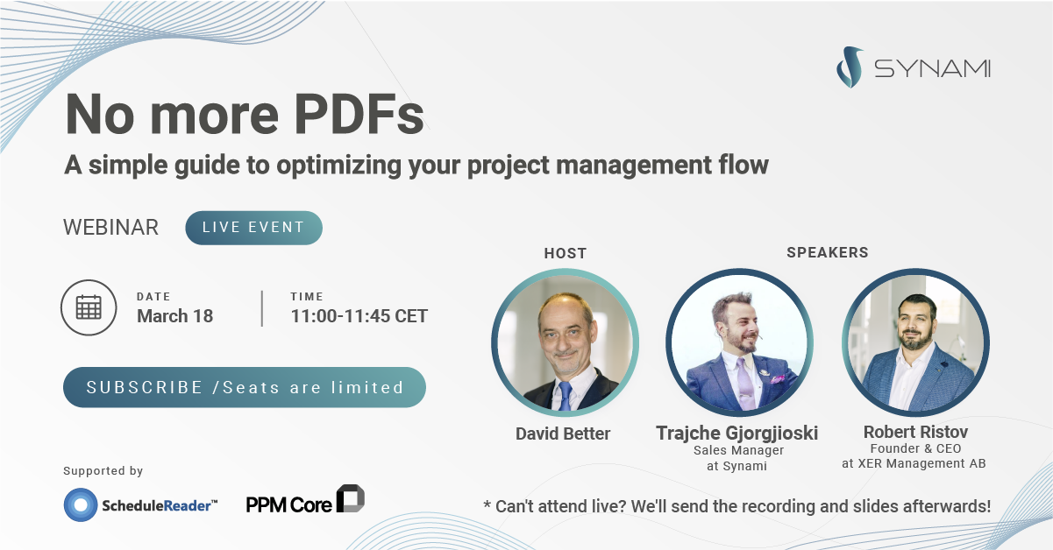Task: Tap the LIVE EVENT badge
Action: click(x=253, y=228)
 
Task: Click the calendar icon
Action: click(x=89, y=307)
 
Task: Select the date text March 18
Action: click(x=174, y=316)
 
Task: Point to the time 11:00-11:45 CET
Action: click(x=359, y=316)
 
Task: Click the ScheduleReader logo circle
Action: click(x=81, y=504)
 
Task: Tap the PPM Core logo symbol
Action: click(x=351, y=498)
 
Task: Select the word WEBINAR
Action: click(x=110, y=228)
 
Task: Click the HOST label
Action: click(x=565, y=253)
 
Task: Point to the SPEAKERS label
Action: click(x=827, y=252)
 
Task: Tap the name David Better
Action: click(x=564, y=434)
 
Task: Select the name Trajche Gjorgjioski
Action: click(x=736, y=433)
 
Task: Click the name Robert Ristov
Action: click(x=915, y=433)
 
